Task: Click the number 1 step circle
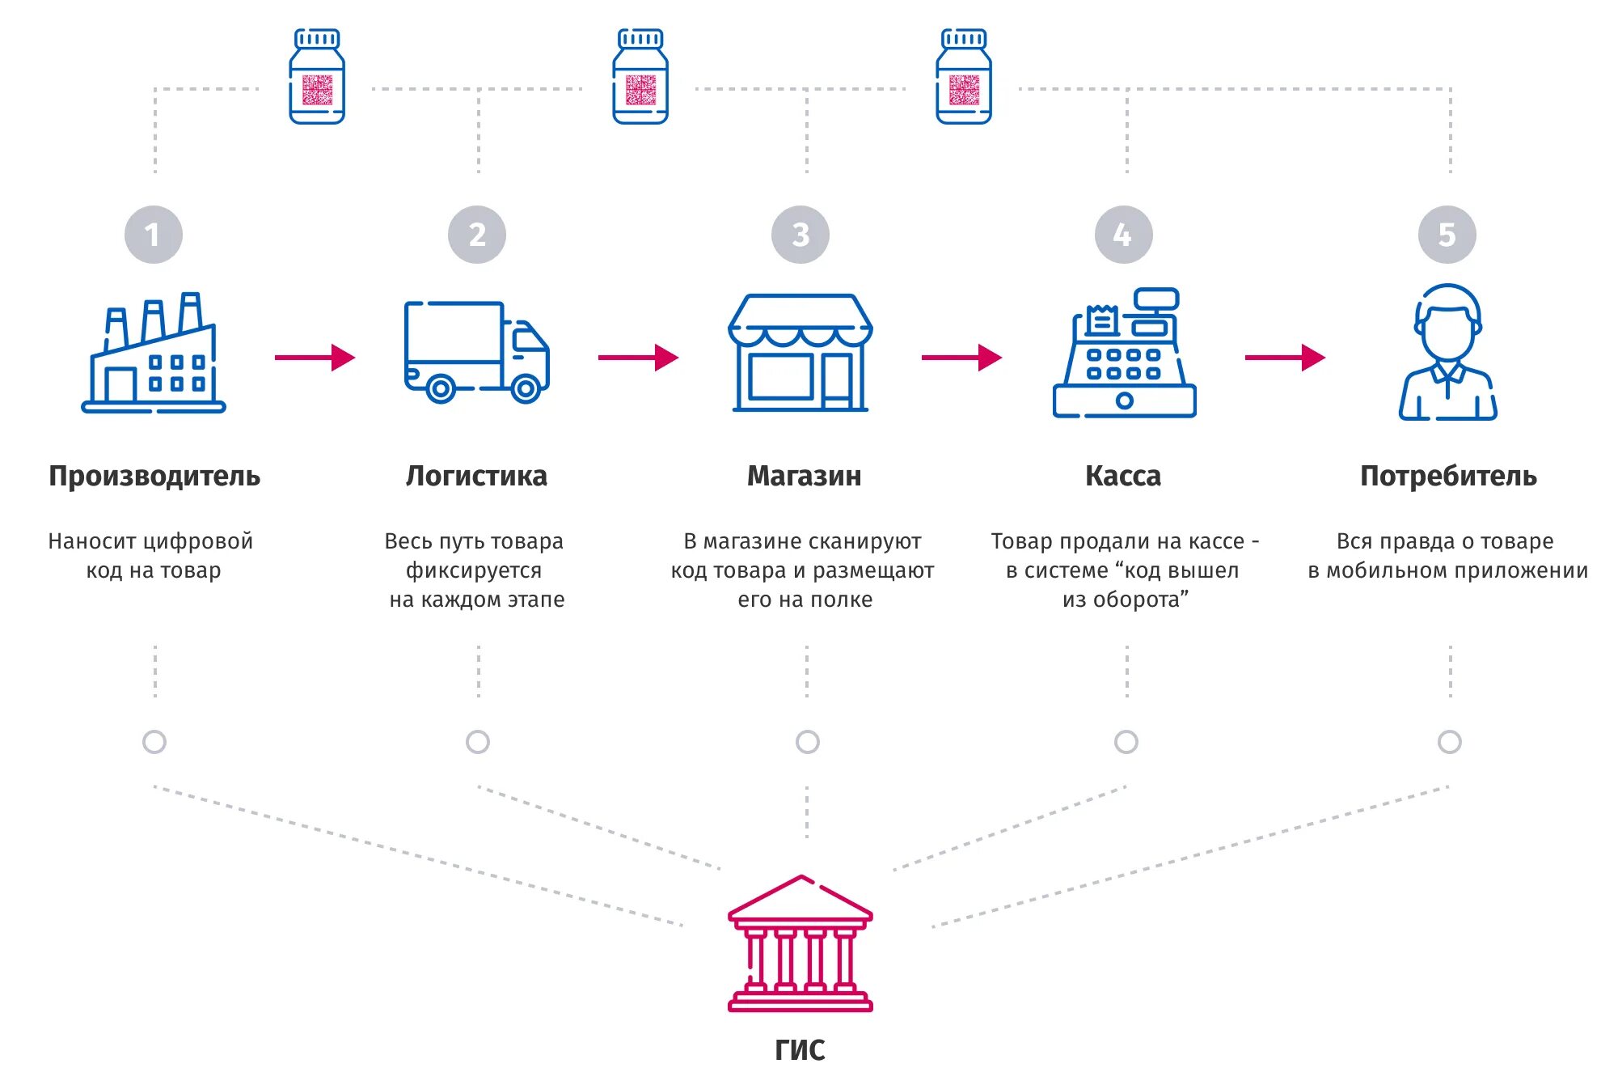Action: click(x=154, y=235)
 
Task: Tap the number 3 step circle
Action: click(x=800, y=235)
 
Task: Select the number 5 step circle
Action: click(x=1447, y=235)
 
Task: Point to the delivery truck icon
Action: click(x=477, y=353)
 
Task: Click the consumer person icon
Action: click(x=1448, y=353)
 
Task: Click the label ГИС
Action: click(x=800, y=1050)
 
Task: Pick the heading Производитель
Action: click(x=154, y=476)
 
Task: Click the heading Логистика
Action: click(x=476, y=476)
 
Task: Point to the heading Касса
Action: click(x=1123, y=476)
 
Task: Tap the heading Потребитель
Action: click(x=1448, y=476)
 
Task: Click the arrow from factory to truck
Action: click(x=315, y=357)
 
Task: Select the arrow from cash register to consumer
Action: click(x=1285, y=357)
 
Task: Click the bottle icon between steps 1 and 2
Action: click(x=317, y=77)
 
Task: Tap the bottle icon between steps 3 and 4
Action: click(x=964, y=77)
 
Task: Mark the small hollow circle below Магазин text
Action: click(x=807, y=741)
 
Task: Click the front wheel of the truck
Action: click(x=526, y=389)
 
